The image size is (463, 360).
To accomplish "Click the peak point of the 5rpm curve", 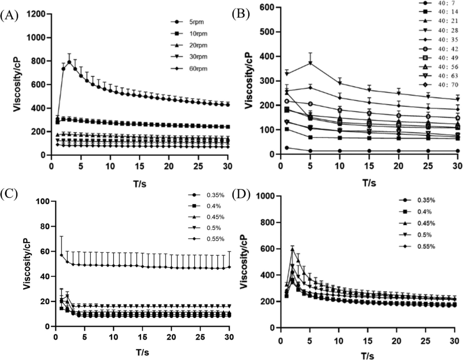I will click(x=69, y=62).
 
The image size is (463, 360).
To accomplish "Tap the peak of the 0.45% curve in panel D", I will click(x=293, y=249).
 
